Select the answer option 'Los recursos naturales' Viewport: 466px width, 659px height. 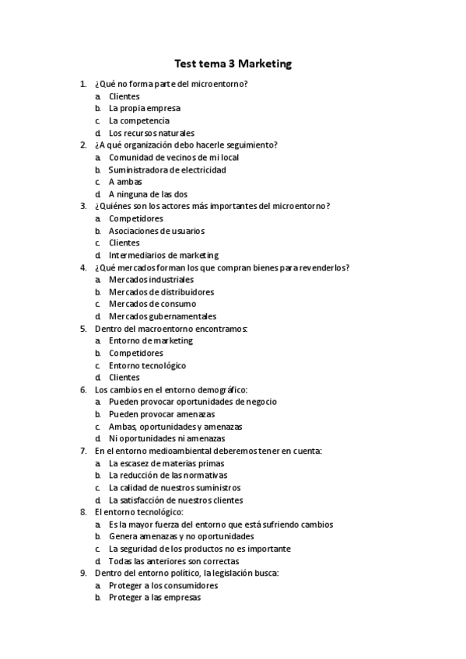coord(151,133)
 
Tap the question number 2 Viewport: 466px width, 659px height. coord(83,145)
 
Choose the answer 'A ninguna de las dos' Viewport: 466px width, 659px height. coord(148,194)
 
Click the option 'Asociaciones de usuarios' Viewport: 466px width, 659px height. coord(156,231)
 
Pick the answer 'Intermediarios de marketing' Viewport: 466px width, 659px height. coord(163,255)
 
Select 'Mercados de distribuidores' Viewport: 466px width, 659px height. coord(161,291)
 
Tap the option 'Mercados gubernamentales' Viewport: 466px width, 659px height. coord(163,316)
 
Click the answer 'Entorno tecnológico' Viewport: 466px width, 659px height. coord(147,365)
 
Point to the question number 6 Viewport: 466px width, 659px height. coord(83,389)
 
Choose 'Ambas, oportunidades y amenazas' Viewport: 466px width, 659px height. coord(175,427)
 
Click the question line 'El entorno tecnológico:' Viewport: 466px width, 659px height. coord(138,512)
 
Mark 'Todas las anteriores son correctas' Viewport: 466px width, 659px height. coord(173,561)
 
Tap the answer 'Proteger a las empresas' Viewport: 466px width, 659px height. coord(154,598)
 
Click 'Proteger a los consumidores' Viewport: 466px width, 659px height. coord(163,585)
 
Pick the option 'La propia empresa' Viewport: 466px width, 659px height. coord(144,108)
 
